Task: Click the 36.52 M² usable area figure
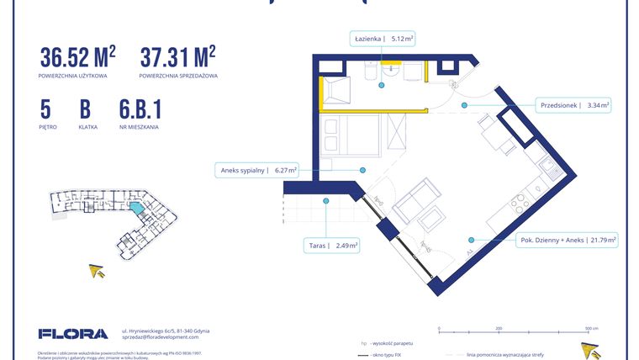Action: (77, 57)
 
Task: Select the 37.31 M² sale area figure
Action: (177, 57)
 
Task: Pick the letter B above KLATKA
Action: (85, 109)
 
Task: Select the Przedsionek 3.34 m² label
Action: (573, 105)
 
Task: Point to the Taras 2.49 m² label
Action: (334, 246)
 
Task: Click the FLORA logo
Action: (73, 334)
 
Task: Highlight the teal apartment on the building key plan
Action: (135, 206)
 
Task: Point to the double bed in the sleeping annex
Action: (351, 135)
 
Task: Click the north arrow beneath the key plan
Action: (98, 270)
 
